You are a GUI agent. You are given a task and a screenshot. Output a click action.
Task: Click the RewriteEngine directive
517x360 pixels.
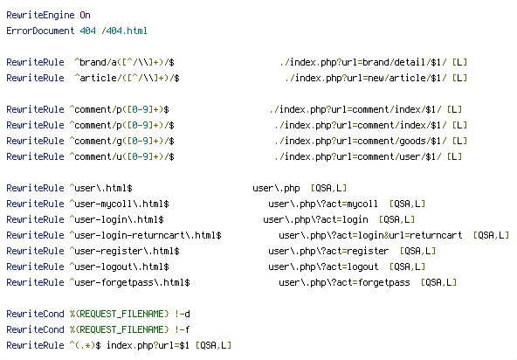click(x=40, y=15)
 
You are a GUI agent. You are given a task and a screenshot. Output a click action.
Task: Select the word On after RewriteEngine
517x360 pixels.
click(x=85, y=15)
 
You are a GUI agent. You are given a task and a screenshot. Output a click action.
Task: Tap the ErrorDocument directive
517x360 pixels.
click(x=40, y=31)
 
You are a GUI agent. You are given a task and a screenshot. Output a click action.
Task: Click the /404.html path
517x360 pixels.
click(x=124, y=31)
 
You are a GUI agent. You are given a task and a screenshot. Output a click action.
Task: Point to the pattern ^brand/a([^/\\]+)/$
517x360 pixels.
click(x=124, y=62)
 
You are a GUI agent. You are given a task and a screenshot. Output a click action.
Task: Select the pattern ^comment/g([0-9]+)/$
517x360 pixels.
click(x=121, y=141)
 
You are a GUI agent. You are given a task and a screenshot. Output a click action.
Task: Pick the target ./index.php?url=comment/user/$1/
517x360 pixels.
click(x=358, y=156)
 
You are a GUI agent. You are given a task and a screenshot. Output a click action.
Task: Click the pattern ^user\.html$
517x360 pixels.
click(x=100, y=188)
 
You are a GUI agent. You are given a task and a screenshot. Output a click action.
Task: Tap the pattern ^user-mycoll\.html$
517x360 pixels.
click(x=119, y=204)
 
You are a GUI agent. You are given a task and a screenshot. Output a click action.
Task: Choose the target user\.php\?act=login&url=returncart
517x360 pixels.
click(x=370, y=235)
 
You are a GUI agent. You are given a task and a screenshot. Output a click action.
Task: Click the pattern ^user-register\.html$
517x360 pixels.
click(x=124, y=251)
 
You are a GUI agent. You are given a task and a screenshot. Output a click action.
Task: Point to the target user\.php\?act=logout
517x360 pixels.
click(x=323, y=267)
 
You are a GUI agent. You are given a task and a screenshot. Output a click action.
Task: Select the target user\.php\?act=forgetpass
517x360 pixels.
click(x=344, y=282)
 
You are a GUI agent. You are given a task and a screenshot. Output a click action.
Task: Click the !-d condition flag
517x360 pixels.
click(x=183, y=314)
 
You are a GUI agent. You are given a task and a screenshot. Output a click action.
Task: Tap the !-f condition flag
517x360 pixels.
click(x=183, y=329)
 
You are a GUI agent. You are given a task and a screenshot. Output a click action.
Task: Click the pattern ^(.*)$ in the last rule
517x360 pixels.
click(x=85, y=345)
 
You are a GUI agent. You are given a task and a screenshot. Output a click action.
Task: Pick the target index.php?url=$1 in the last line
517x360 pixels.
click(x=148, y=345)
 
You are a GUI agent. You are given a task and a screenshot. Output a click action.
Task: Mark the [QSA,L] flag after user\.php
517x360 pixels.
click(x=328, y=188)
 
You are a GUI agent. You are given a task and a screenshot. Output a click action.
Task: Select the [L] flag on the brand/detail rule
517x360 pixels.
click(x=460, y=62)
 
